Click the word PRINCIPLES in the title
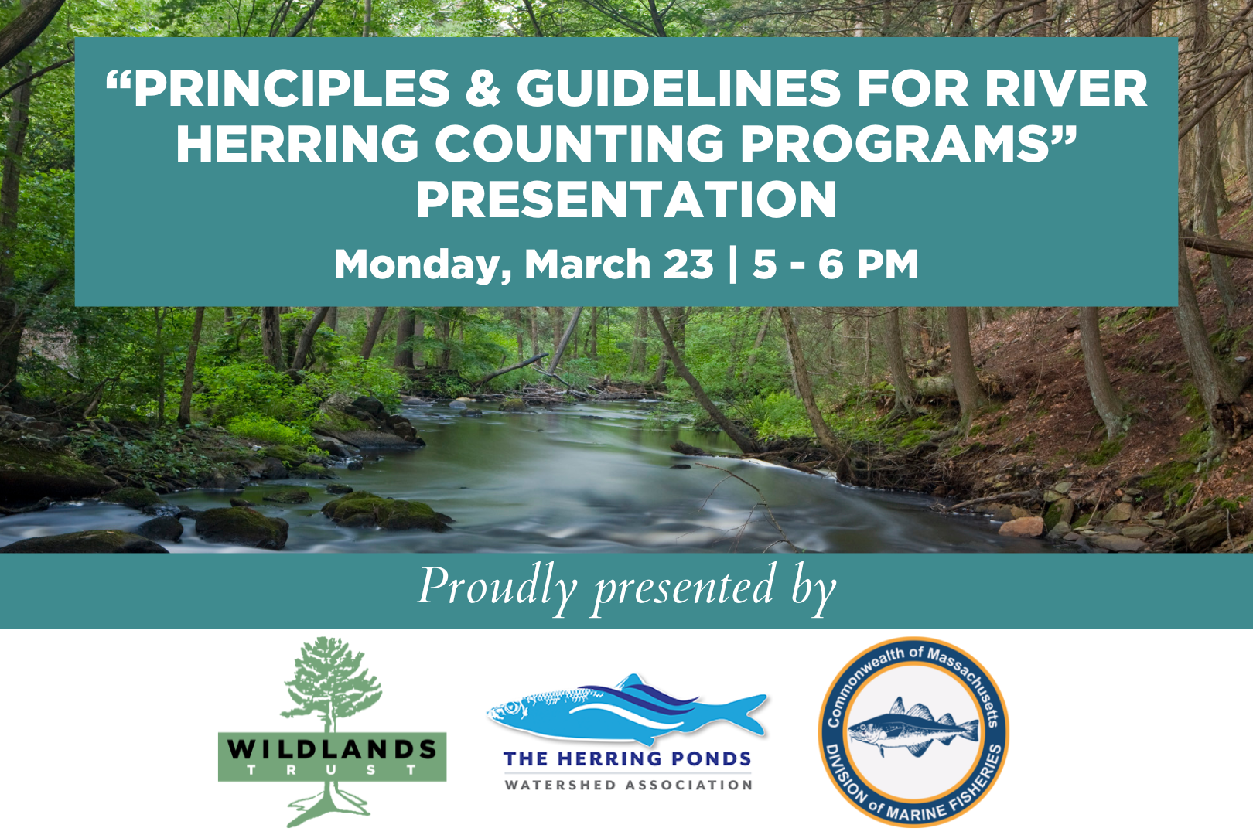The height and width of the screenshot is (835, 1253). tap(291, 88)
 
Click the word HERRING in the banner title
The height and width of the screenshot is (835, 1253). tap(297, 144)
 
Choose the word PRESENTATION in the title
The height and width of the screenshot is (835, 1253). tap(626, 199)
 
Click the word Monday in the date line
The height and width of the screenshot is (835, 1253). tap(422, 264)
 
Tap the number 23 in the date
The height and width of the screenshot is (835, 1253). tap(688, 264)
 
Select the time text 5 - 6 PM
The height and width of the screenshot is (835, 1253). tap(835, 264)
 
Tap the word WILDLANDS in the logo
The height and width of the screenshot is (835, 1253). tap(332, 748)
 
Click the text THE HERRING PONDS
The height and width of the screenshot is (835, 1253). tap(627, 759)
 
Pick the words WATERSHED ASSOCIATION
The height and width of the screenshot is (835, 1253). tap(628, 786)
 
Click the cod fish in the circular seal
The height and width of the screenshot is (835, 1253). tap(913, 727)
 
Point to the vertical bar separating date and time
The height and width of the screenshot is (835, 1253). tap(732, 264)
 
